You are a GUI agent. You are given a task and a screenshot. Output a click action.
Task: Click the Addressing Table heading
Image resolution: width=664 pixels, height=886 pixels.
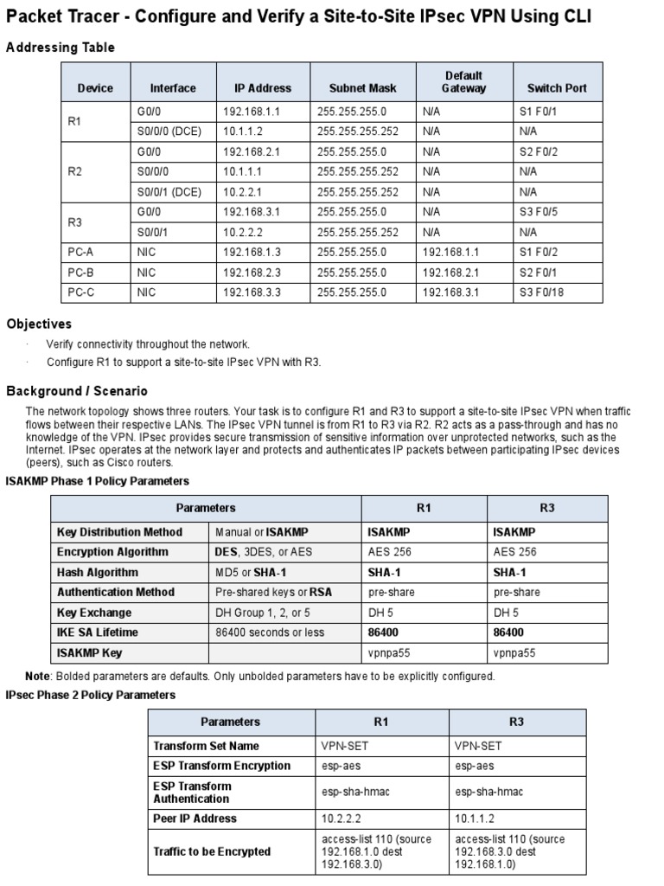pyautogui.click(x=60, y=48)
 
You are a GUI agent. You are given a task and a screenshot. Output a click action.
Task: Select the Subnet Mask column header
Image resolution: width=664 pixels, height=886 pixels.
pyautogui.click(x=362, y=88)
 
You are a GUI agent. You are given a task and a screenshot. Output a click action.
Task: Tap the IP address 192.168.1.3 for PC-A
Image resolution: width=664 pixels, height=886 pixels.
pyautogui.click(x=252, y=253)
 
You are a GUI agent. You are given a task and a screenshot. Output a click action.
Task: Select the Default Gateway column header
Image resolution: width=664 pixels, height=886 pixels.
pyautogui.click(x=463, y=82)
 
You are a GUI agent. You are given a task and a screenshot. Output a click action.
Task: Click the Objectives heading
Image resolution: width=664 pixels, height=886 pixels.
pyautogui.click(x=39, y=324)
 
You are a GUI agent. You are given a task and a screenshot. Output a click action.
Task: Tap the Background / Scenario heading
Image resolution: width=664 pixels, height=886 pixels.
pyautogui.click(x=77, y=391)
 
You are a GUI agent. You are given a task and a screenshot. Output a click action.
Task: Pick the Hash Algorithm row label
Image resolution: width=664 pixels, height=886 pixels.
pyautogui.click(x=98, y=573)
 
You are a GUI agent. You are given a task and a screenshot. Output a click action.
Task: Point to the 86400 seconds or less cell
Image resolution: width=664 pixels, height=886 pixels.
pyautogui.click(x=270, y=632)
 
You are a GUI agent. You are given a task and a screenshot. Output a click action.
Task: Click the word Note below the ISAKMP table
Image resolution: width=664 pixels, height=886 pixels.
pyautogui.click(x=37, y=677)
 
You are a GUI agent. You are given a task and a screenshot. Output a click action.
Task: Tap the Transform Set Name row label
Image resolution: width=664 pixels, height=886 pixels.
pyautogui.click(x=206, y=746)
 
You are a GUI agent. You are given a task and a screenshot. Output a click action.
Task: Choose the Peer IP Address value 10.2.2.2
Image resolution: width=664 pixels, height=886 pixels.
pyautogui.click(x=339, y=819)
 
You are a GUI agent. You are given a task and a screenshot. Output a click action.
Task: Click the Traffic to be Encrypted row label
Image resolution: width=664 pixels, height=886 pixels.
pyautogui.click(x=212, y=852)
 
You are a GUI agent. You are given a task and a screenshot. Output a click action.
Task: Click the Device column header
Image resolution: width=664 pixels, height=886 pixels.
pyautogui.click(x=95, y=88)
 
